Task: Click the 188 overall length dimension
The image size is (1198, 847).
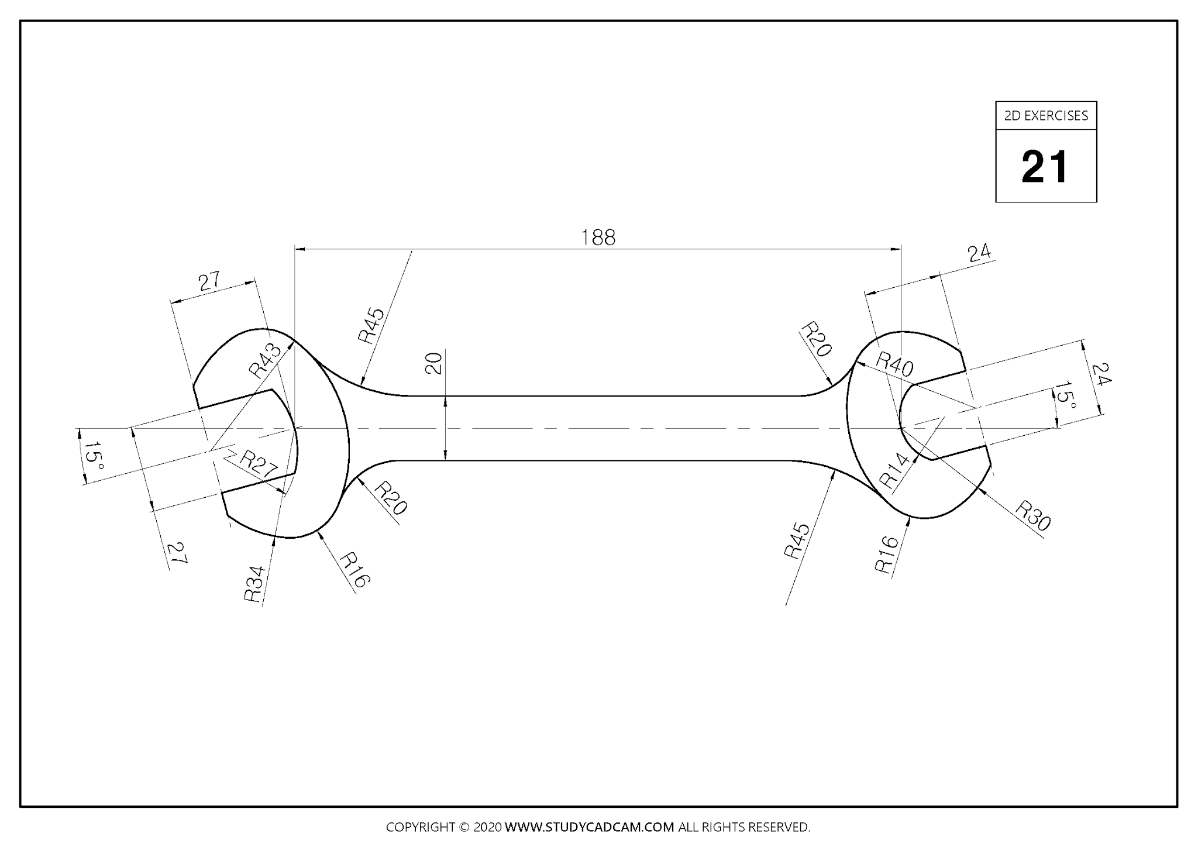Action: click(x=598, y=237)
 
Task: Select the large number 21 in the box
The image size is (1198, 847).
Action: click(x=1045, y=167)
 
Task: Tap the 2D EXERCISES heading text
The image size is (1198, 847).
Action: click(x=1046, y=116)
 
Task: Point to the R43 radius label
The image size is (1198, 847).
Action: click(x=264, y=361)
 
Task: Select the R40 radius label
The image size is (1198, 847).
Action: click(x=894, y=364)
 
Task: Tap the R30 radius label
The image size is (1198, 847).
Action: click(x=1032, y=515)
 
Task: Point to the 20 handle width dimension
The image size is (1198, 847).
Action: click(x=433, y=363)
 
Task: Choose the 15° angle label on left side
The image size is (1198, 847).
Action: click(x=92, y=456)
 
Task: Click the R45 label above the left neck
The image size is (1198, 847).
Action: click(x=371, y=325)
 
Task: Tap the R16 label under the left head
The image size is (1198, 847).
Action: click(x=354, y=570)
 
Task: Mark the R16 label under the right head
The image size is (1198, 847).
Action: click(x=886, y=554)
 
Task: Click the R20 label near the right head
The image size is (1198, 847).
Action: click(x=815, y=339)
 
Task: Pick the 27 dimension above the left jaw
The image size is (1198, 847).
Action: click(x=209, y=281)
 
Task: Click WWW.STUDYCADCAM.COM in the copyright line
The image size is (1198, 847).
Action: click(x=589, y=827)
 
